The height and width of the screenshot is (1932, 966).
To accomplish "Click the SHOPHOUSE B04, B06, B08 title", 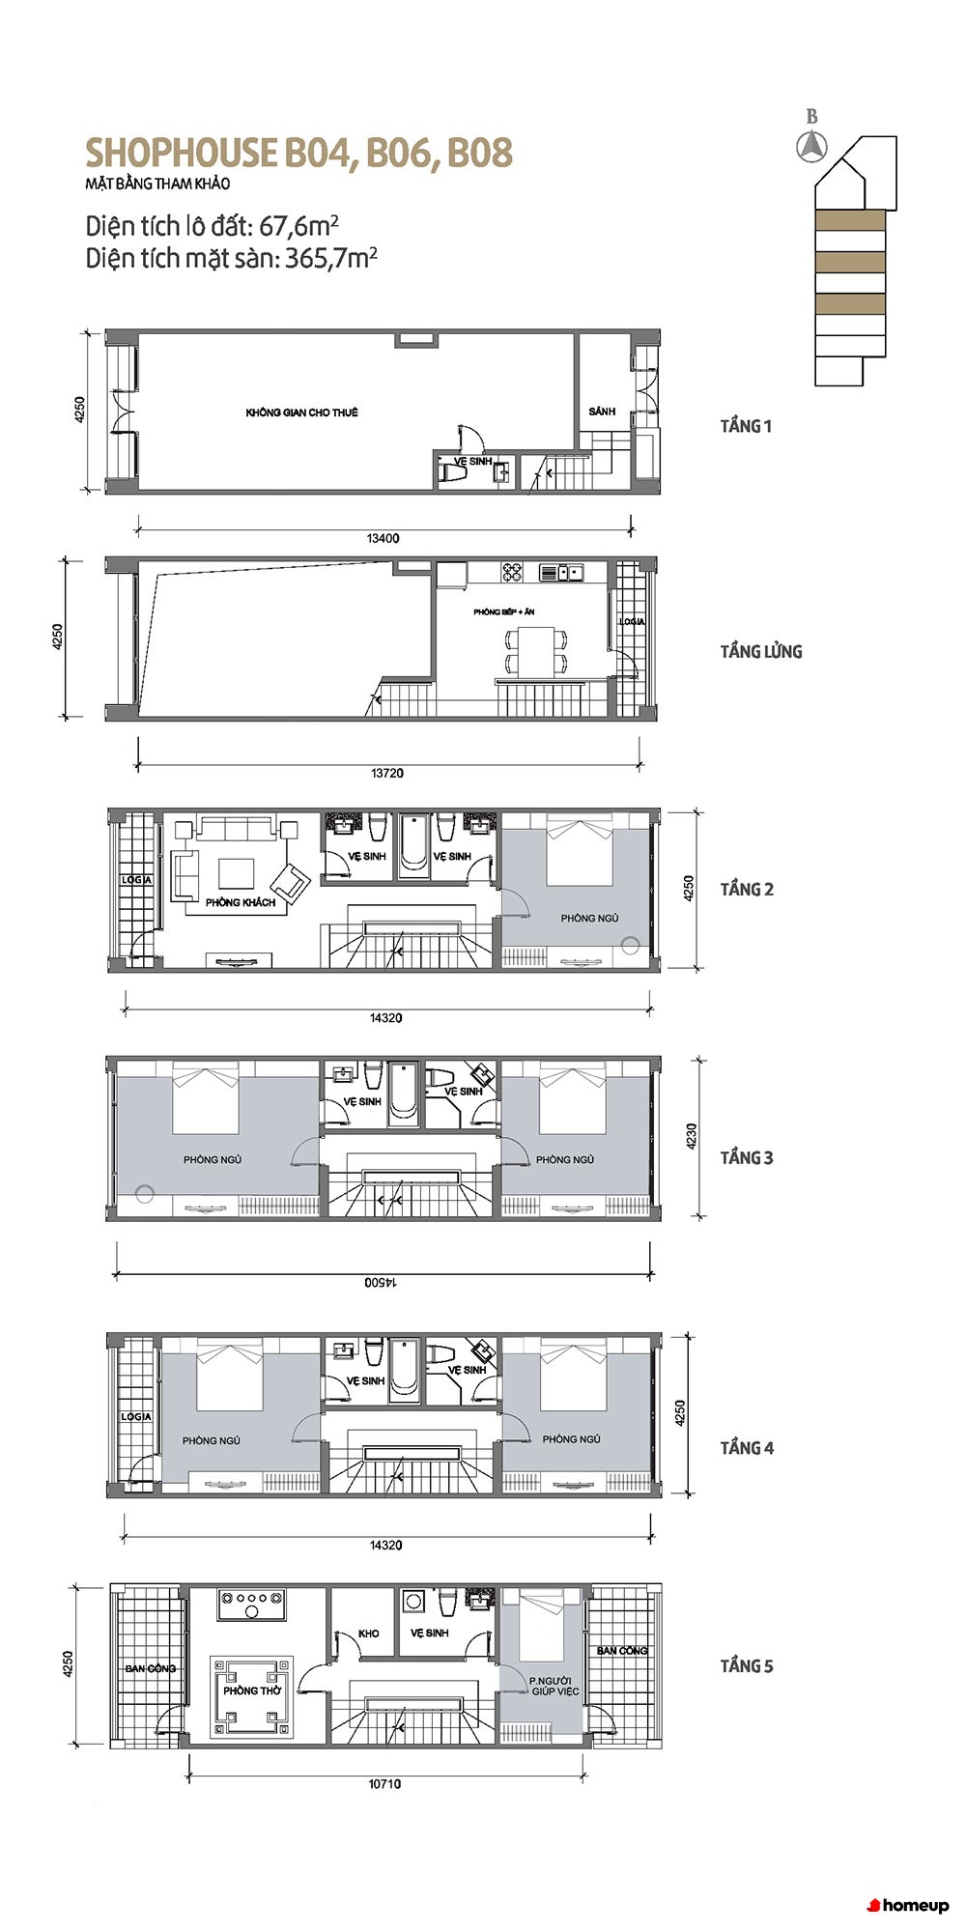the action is point(298,153).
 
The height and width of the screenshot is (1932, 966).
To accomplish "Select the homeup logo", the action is point(908,1906).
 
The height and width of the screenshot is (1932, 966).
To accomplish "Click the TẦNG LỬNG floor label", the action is point(761,652).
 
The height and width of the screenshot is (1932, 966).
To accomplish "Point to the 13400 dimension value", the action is point(384,538).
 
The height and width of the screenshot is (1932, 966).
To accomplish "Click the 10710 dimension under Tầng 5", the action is point(384,1784).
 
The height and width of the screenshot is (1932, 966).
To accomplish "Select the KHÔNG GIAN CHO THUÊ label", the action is point(301,412).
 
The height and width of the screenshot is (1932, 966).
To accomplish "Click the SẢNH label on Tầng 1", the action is point(602,412).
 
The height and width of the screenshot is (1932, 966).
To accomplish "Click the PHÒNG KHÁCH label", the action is point(241,902).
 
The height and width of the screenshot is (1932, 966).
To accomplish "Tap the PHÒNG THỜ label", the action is point(252,1691).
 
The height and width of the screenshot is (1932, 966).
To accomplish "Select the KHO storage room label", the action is point(369,1634).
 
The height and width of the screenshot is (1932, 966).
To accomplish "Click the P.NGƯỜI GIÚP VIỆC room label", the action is point(554,1687).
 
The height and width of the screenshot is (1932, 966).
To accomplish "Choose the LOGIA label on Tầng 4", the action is point(136,1417).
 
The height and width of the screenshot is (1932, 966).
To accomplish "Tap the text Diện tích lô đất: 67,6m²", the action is point(213,226).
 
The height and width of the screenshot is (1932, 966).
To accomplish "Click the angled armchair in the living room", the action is point(291,882).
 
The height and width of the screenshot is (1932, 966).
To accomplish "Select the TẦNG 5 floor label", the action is point(747,1666).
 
